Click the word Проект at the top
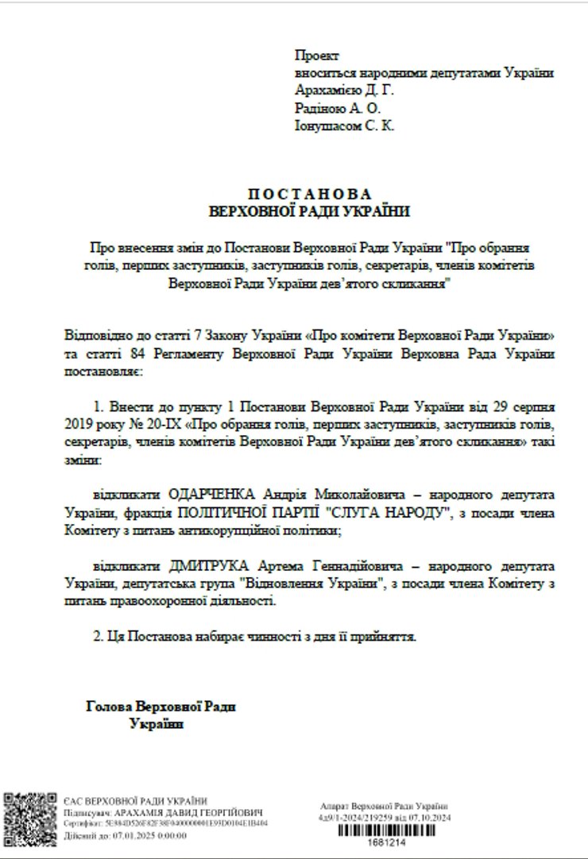pyautogui.click(x=316, y=56)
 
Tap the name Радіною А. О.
pyautogui.click(x=338, y=108)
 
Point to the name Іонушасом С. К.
pyautogui.click(x=344, y=125)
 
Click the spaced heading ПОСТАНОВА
pyautogui.click(x=309, y=195)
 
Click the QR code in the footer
pyautogui.click(x=30, y=819)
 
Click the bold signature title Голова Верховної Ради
pyautogui.click(x=161, y=707)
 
